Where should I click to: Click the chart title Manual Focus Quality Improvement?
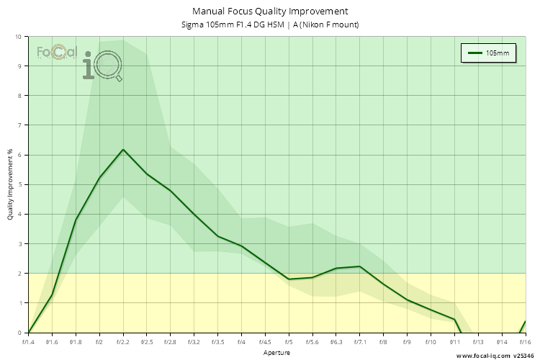point(270,12)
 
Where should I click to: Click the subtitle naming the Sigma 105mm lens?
point(270,25)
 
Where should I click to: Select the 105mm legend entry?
point(488,53)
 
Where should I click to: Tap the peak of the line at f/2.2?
point(123,150)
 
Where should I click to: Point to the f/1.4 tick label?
point(29,343)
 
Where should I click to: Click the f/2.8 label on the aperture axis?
point(171,343)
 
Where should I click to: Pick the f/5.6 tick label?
point(312,343)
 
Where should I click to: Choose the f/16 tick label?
point(524,343)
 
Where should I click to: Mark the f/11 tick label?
point(454,343)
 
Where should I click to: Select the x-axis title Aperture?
point(277,354)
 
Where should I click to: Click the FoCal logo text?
point(56,52)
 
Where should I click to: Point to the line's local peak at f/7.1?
point(359,266)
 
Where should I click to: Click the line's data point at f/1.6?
point(52,295)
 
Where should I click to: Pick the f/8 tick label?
point(383,343)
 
